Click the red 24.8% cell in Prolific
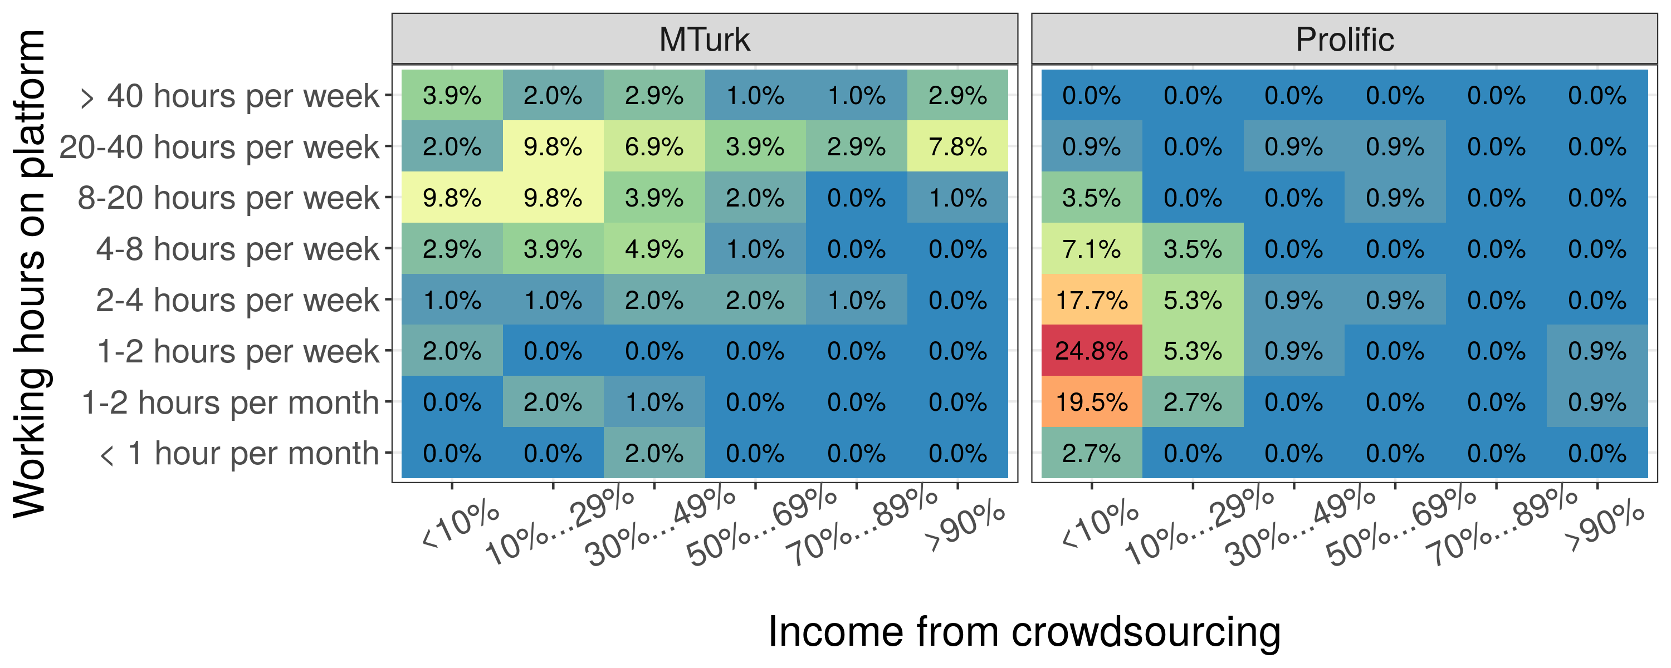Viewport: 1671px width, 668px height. (1091, 350)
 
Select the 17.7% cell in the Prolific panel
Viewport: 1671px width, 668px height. (1091, 299)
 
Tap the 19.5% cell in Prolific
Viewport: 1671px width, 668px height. (1091, 401)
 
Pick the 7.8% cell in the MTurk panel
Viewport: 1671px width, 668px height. (957, 146)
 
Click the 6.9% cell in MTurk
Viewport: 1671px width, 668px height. (654, 146)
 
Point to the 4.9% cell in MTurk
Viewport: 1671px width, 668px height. (654, 248)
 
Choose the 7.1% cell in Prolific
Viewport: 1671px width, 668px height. (1091, 248)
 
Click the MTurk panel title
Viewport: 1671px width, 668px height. (705, 39)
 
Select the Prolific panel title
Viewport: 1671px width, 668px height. (1344, 39)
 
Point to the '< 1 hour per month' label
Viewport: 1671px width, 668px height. (239, 453)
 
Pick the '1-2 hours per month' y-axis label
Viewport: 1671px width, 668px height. (229, 402)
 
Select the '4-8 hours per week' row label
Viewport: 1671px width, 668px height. (237, 249)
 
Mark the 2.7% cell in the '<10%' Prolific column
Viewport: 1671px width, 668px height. (1091, 453)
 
